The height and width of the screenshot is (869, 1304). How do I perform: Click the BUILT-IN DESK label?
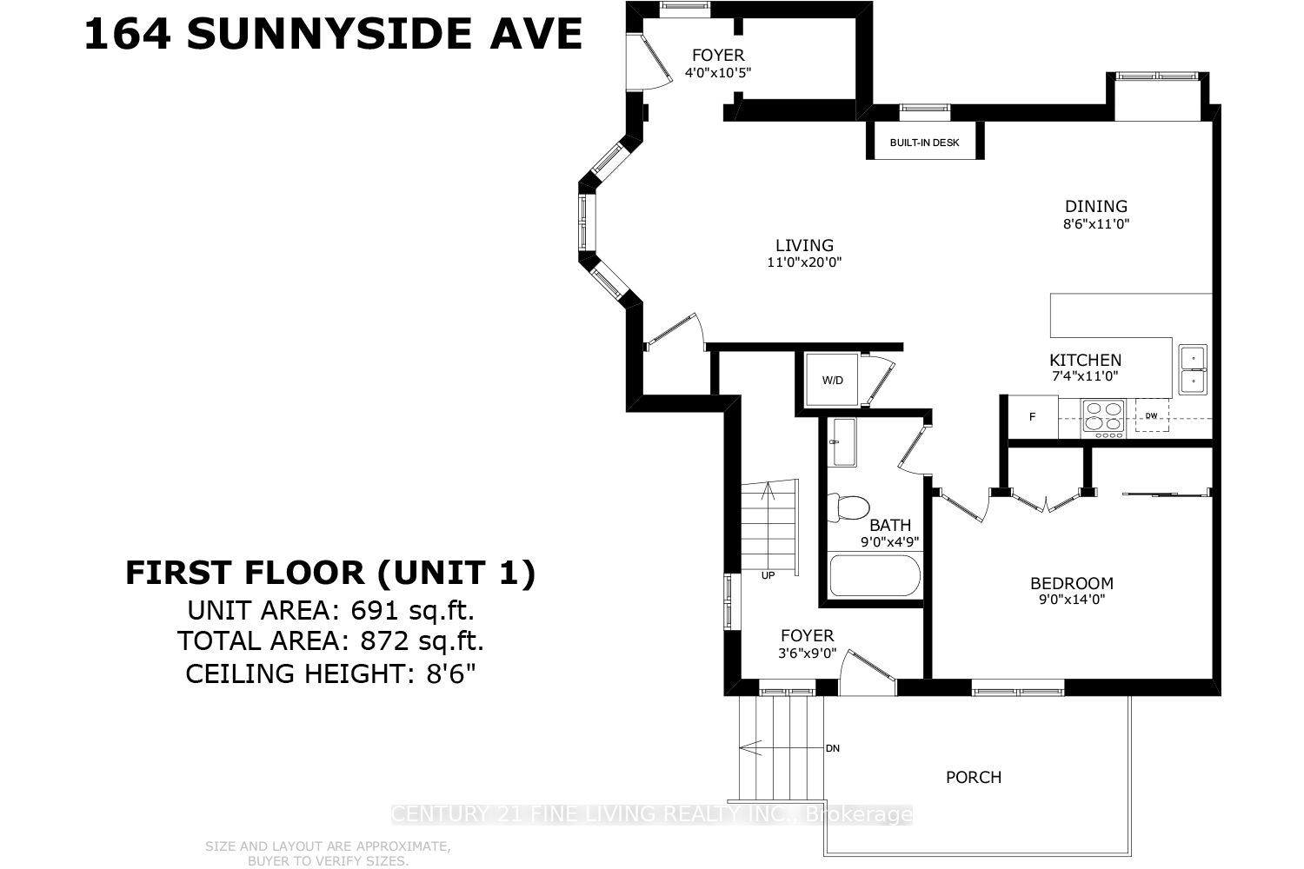924,143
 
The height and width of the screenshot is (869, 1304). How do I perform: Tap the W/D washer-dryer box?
833,381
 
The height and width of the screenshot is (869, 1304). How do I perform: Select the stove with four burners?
1102,418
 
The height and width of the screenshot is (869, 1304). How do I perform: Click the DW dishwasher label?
1151,415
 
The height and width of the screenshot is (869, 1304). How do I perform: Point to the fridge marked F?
1033,417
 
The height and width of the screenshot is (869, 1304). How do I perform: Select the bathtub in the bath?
874,575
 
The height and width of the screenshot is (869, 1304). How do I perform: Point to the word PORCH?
973,777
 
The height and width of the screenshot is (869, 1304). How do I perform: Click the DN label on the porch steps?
832,748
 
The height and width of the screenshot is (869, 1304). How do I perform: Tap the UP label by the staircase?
768,574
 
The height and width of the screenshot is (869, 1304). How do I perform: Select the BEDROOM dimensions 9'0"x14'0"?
1071,599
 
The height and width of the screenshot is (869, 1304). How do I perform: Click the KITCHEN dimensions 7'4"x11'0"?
1084,376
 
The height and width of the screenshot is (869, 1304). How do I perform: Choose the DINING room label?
1096,206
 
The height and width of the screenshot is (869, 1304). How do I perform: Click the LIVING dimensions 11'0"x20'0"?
804,262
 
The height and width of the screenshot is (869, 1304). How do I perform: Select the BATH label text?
890,525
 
